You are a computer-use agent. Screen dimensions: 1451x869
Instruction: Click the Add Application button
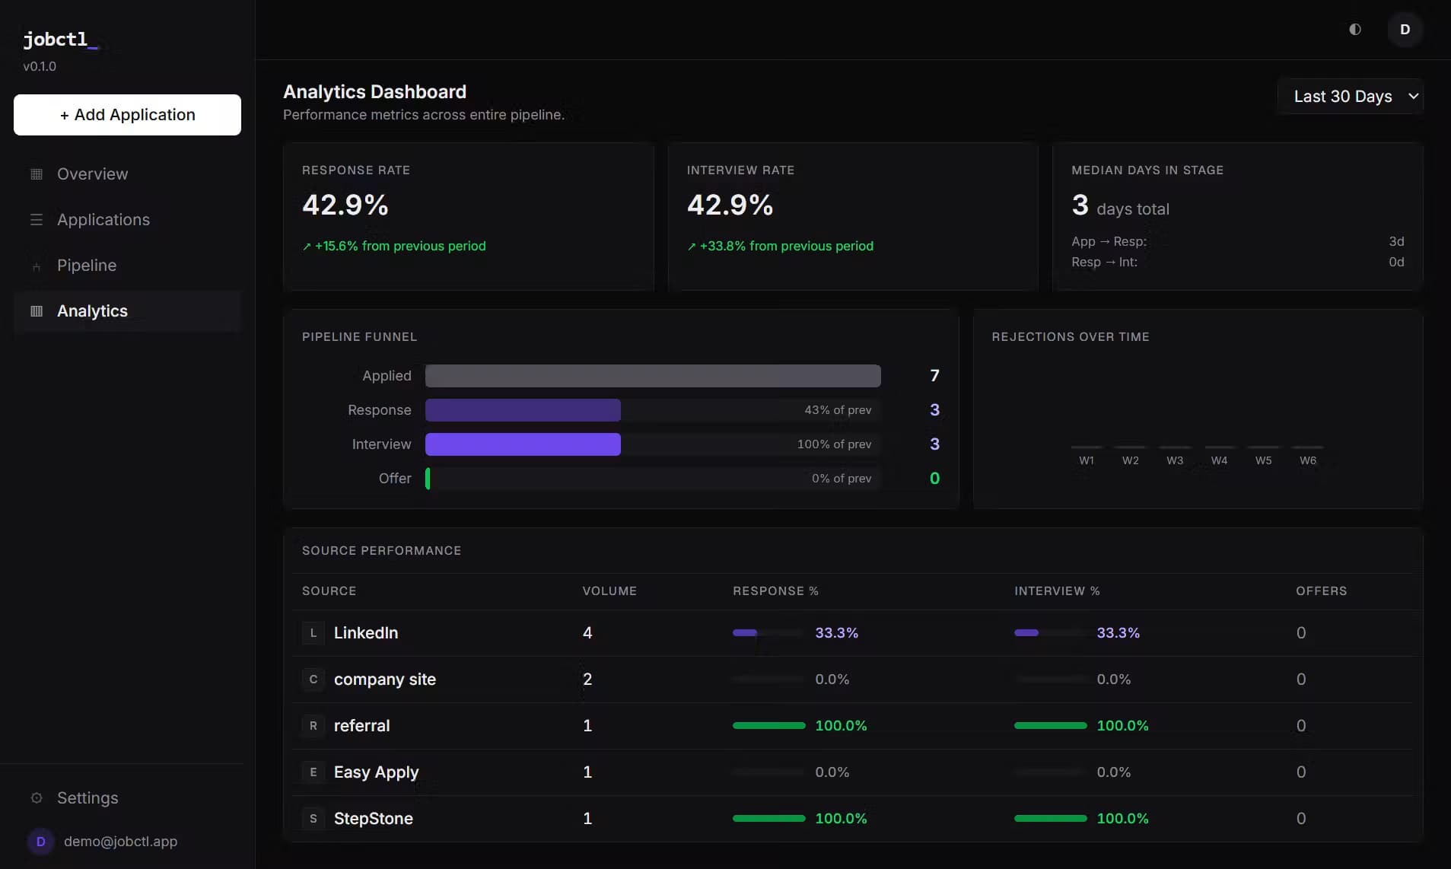tap(127, 115)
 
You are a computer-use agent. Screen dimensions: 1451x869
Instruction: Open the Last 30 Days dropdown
tap(1351, 97)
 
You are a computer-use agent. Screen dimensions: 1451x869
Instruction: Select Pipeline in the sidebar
tap(87, 266)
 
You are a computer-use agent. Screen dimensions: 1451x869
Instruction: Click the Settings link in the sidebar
tap(88, 798)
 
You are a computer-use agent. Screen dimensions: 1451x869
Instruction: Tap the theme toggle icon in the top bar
tap(1355, 30)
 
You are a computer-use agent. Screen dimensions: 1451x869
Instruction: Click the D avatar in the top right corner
tap(1405, 30)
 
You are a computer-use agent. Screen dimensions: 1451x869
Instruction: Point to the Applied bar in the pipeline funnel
tap(653, 376)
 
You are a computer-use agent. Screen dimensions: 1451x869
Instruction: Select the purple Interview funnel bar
tap(523, 444)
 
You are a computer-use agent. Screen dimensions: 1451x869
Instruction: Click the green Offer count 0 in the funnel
tap(934, 479)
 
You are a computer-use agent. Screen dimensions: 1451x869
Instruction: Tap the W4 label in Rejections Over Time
tap(1219, 460)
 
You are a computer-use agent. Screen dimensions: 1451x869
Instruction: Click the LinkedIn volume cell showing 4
tap(587, 633)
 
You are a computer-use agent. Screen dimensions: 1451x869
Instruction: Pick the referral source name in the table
tap(361, 726)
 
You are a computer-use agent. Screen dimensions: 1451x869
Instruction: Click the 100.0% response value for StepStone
tap(841, 819)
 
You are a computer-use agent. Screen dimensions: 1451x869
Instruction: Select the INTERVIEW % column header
tap(1057, 591)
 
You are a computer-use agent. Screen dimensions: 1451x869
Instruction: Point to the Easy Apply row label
tap(376, 772)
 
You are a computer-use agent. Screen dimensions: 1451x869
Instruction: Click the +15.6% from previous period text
tap(400, 247)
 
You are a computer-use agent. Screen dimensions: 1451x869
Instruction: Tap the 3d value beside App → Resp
tap(1396, 242)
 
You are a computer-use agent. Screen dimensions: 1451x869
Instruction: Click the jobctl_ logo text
tap(60, 40)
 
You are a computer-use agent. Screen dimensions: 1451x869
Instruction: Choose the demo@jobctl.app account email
tap(120, 842)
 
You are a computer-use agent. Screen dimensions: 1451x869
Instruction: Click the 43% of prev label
tap(838, 410)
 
